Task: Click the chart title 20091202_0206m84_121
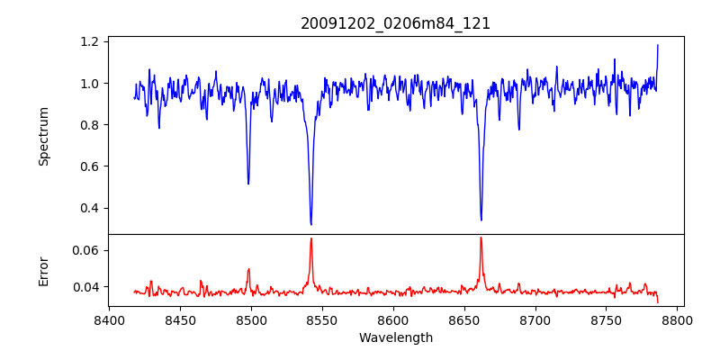(x=395, y=23)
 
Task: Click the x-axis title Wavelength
(x=395, y=338)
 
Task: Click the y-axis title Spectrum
(x=43, y=136)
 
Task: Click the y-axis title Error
(x=43, y=270)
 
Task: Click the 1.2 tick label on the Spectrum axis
(x=90, y=42)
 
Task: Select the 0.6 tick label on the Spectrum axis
(x=90, y=166)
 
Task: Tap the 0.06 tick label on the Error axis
(x=86, y=250)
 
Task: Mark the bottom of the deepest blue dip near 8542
(x=310, y=224)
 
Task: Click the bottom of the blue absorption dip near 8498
(x=248, y=184)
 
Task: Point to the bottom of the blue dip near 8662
(x=481, y=220)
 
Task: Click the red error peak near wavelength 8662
(x=481, y=238)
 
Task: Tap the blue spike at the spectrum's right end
(x=657, y=45)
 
